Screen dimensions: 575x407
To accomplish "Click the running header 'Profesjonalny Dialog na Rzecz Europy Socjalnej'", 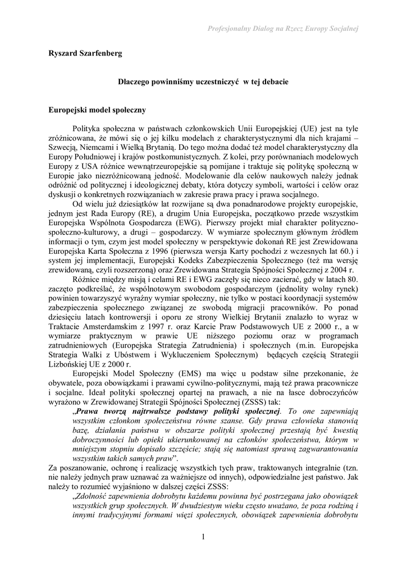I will (x=283, y=28).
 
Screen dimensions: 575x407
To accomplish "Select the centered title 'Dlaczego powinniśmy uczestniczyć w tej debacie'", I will (x=203, y=82).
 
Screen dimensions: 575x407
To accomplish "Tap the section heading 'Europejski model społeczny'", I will (x=97, y=110).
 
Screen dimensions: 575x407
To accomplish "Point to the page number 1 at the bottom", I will (x=203, y=537).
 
